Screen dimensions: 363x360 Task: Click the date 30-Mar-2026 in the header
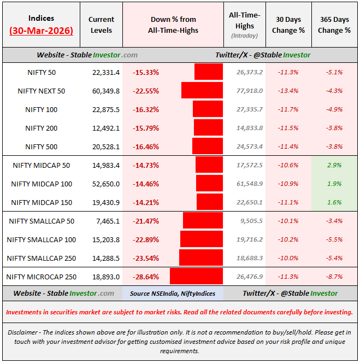[x=42, y=31]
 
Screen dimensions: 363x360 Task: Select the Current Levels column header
[x=101, y=25]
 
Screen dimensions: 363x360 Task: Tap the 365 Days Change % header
[x=334, y=25]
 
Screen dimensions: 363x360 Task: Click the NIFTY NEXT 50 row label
[x=42, y=91]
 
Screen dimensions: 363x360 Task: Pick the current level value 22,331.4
[x=101, y=72]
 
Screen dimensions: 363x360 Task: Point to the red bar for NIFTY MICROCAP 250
[x=196, y=277]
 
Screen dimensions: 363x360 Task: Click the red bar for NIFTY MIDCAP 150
[x=209, y=202]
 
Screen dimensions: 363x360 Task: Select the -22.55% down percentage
[x=145, y=91]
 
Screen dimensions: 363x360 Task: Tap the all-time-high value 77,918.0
[x=250, y=91]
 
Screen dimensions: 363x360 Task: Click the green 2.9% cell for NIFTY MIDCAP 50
[x=334, y=165]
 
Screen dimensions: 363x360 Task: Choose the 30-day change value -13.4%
[x=287, y=91]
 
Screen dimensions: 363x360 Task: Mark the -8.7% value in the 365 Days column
[x=334, y=277]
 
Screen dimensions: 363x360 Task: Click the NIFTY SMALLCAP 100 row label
[x=42, y=239]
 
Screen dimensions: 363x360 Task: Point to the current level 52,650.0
[x=101, y=184]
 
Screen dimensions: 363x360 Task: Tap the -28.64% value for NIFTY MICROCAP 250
[x=145, y=277]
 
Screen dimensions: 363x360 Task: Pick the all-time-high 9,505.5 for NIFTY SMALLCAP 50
[x=250, y=221]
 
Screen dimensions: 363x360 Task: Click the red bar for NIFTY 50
[x=208, y=72]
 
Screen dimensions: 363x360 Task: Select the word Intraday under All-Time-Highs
[x=244, y=36]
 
